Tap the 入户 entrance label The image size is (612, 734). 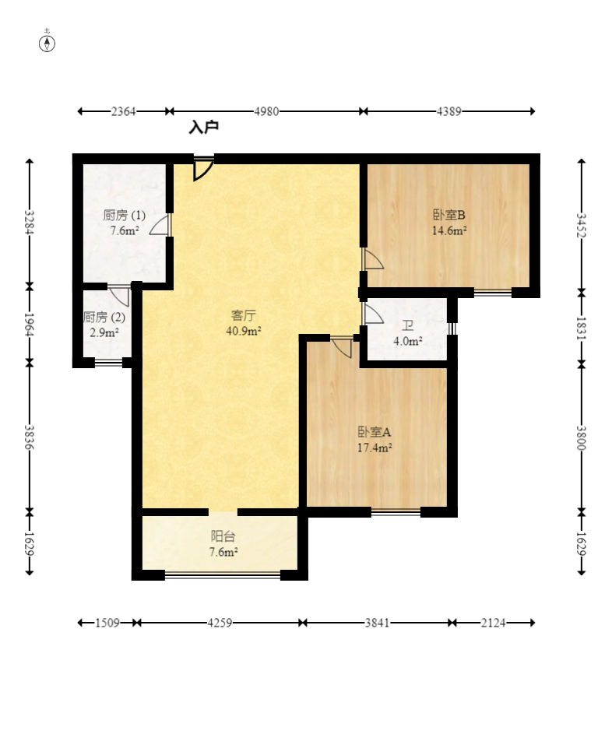tap(204, 127)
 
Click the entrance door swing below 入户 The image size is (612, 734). tap(203, 169)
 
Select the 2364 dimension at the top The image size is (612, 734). tap(123, 111)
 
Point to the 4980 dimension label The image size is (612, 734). tap(266, 111)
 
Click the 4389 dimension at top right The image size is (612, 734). tap(448, 111)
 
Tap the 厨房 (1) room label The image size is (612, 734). tap(124, 216)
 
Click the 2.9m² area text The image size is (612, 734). tap(104, 333)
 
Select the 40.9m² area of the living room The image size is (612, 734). tap(244, 331)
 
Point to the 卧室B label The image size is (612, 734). tap(448, 215)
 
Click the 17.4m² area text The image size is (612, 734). tap(375, 448)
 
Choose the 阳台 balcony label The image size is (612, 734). tap(223, 536)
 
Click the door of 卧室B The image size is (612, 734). tap(372, 259)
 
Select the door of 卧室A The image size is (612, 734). tap(341, 346)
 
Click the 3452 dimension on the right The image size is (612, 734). tap(581, 225)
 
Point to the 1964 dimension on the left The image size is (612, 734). tap(29, 324)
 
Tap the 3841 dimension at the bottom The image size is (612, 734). tap(377, 623)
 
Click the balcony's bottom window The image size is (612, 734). tap(223, 575)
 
